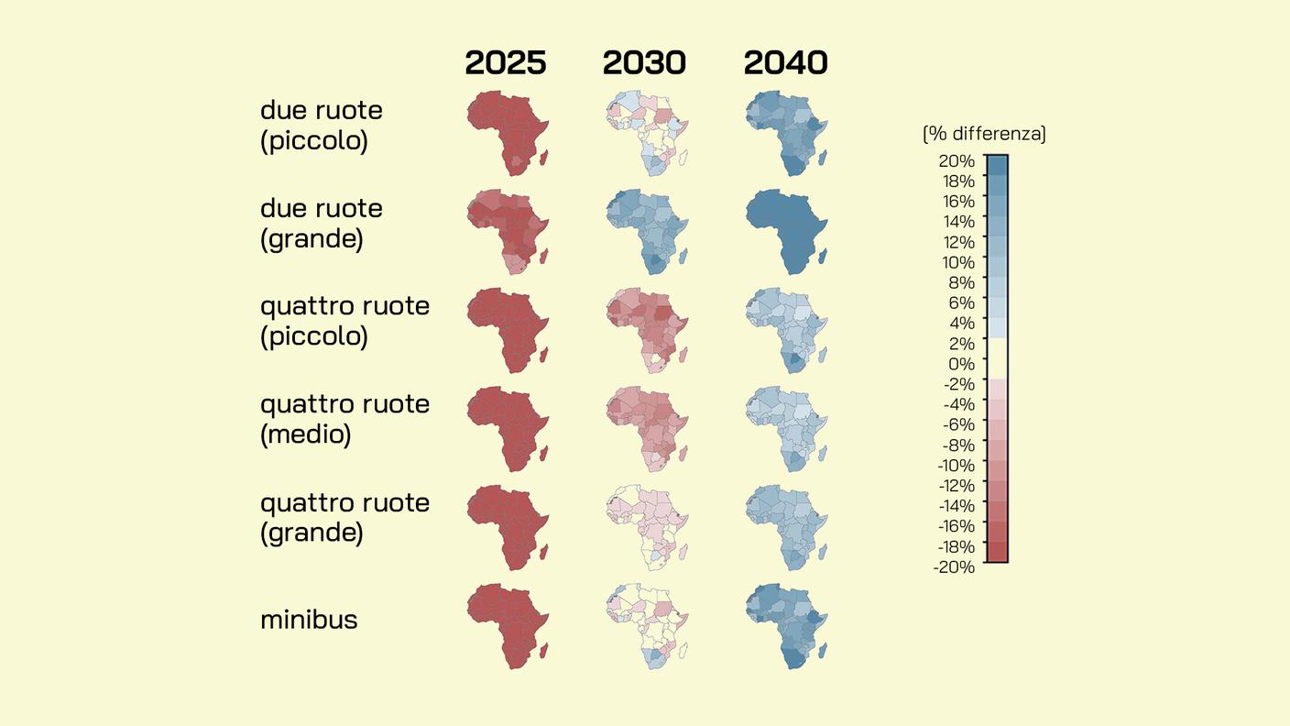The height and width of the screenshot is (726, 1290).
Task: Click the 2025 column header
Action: (506, 63)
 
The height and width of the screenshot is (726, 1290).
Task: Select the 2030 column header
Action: (644, 63)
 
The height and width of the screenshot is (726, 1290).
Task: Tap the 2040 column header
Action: (785, 63)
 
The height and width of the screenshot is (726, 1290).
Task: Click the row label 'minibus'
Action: (309, 620)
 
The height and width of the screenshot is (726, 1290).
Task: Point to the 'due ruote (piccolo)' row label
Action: (322, 126)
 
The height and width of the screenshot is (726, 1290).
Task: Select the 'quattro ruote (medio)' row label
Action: (344, 419)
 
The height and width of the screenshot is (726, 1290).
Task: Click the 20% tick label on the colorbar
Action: (956, 160)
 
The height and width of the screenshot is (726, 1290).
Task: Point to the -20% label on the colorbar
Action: (953, 567)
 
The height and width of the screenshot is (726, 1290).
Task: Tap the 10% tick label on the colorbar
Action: (956, 262)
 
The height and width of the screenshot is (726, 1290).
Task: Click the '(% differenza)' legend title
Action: (984, 134)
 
